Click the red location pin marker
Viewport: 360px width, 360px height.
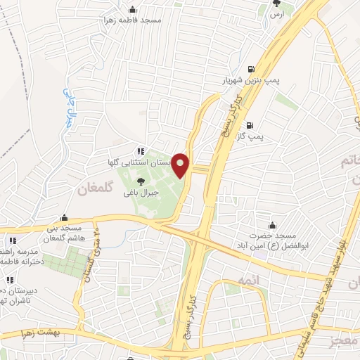click(181, 165)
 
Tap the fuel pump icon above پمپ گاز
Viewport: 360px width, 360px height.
click(247, 127)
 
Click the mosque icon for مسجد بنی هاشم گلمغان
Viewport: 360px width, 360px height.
click(64, 217)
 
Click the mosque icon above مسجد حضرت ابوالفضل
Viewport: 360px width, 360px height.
click(268, 216)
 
